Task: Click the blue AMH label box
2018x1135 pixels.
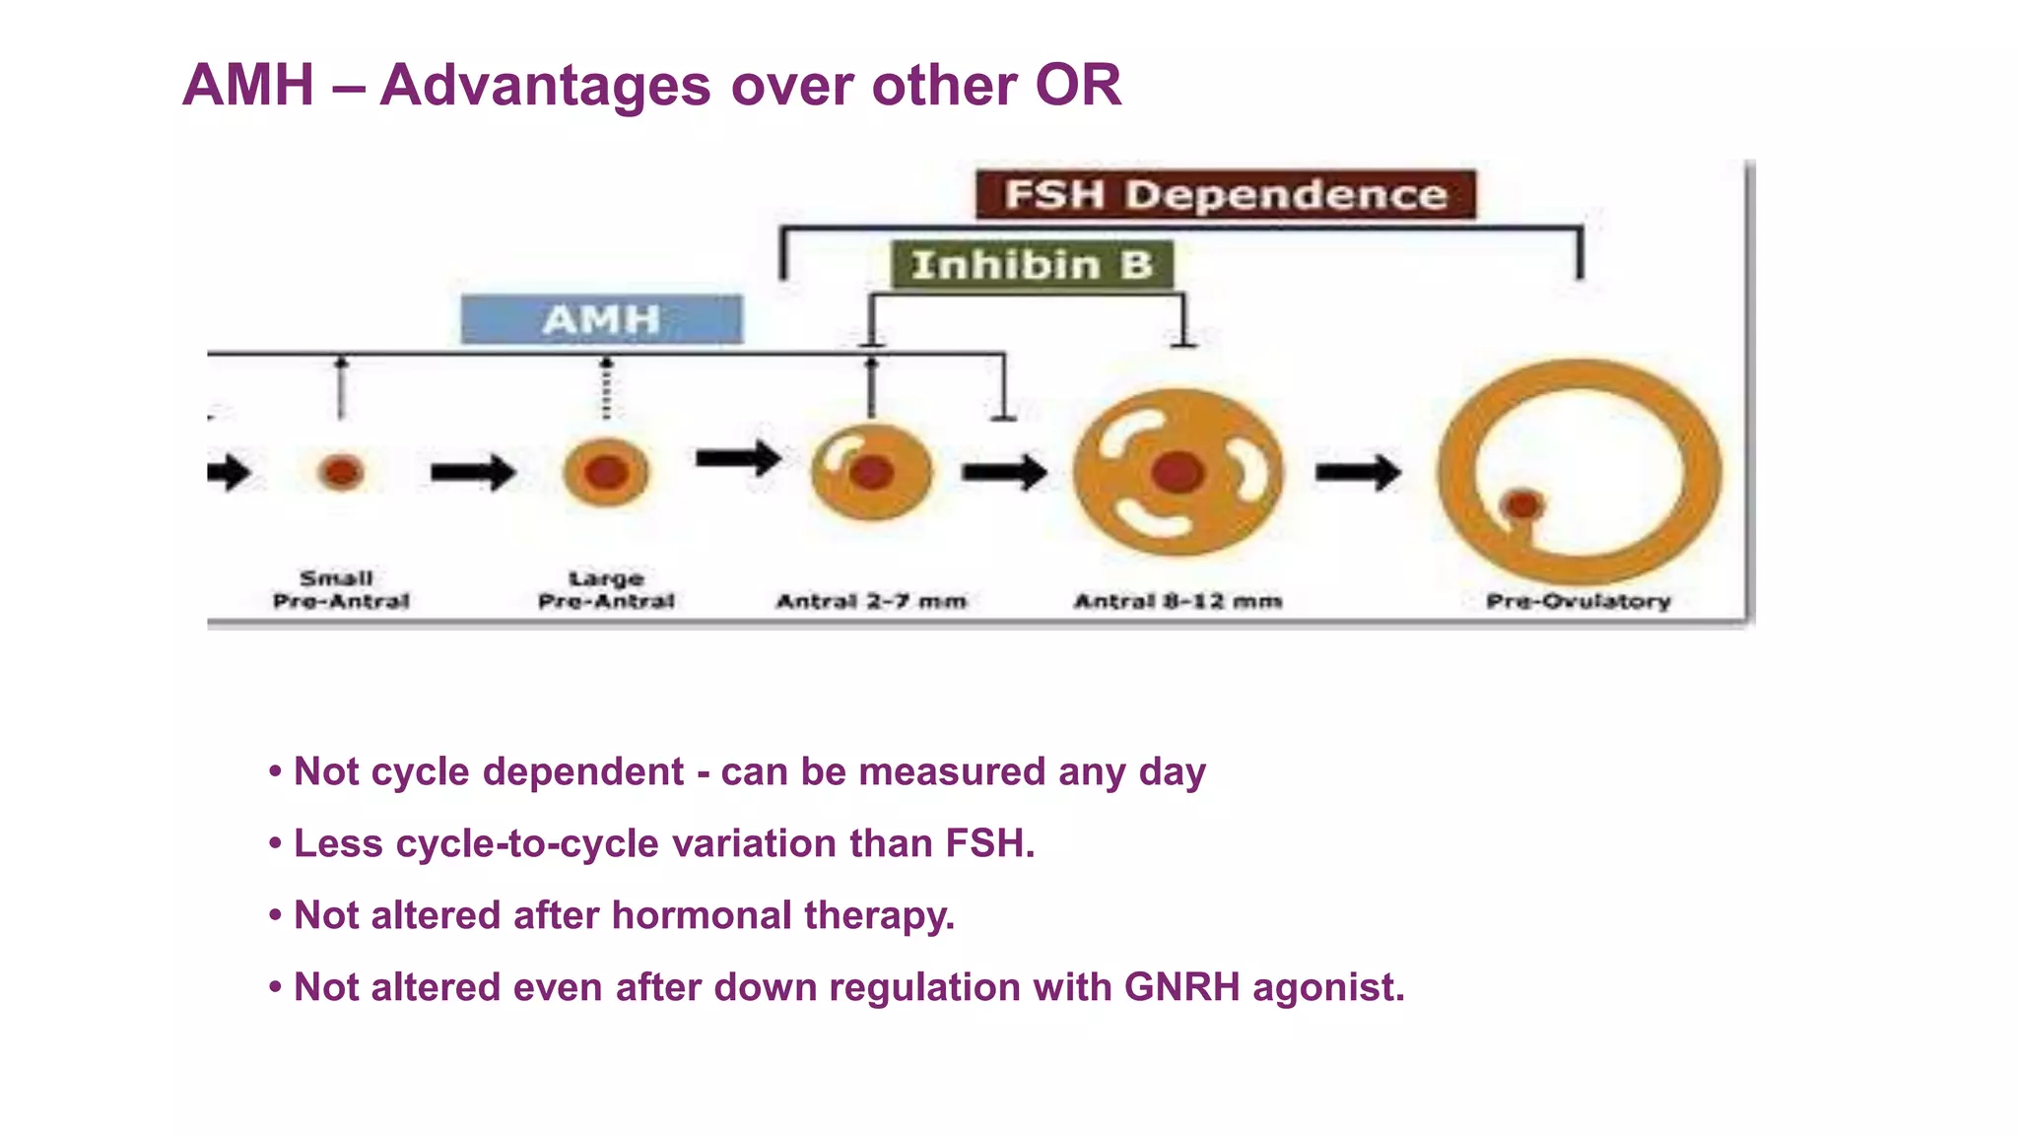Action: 601,319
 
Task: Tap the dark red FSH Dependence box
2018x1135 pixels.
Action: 1225,194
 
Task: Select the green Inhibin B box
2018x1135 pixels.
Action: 1032,265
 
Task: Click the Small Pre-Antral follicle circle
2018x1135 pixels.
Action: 341,472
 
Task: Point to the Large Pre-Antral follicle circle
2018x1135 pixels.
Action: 606,472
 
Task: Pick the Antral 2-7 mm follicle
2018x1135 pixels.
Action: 871,472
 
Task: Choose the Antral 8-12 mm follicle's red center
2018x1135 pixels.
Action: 1177,472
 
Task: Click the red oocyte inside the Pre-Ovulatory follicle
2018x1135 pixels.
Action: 1522,505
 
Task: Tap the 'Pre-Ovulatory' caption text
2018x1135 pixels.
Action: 1578,601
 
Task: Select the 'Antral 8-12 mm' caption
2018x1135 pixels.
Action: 1177,601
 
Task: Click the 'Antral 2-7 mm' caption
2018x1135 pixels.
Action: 871,601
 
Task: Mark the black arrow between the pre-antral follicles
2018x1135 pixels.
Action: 473,472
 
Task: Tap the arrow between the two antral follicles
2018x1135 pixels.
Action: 1004,472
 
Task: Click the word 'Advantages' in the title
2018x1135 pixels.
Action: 545,85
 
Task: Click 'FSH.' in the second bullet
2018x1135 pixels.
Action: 990,843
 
